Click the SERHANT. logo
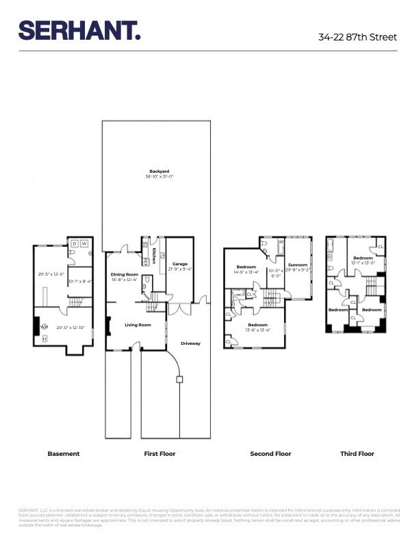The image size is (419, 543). click(79, 31)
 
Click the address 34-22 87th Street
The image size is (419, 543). click(358, 37)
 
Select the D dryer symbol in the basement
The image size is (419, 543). click(74, 243)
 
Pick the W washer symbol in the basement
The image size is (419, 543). click(85, 243)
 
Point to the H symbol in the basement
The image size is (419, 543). click(45, 339)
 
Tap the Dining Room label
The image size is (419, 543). click(125, 274)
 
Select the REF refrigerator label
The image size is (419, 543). click(145, 261)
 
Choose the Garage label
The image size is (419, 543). click(179, 264)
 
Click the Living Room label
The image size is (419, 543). click(137, 325)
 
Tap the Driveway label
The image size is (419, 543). click(190, 343)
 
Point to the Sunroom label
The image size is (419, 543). click(298, 265)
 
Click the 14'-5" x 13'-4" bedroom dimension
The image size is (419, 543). click(246, 272)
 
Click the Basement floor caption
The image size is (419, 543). click(63, 454)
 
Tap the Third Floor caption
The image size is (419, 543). click(357, 454)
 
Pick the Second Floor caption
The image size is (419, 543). click(271, 454)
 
